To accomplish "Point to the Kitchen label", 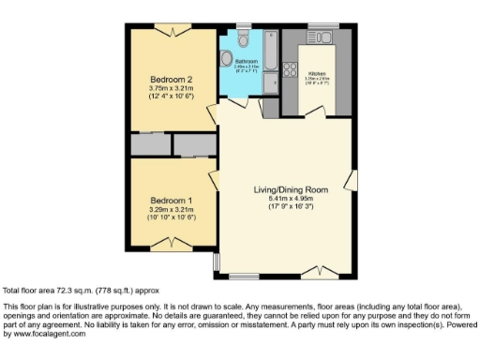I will [x=318, y=72].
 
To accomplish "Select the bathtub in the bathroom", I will [x=268, y=52].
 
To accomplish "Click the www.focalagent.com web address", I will [x=46, y=333].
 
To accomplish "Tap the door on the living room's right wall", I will [x=351, y=178].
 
